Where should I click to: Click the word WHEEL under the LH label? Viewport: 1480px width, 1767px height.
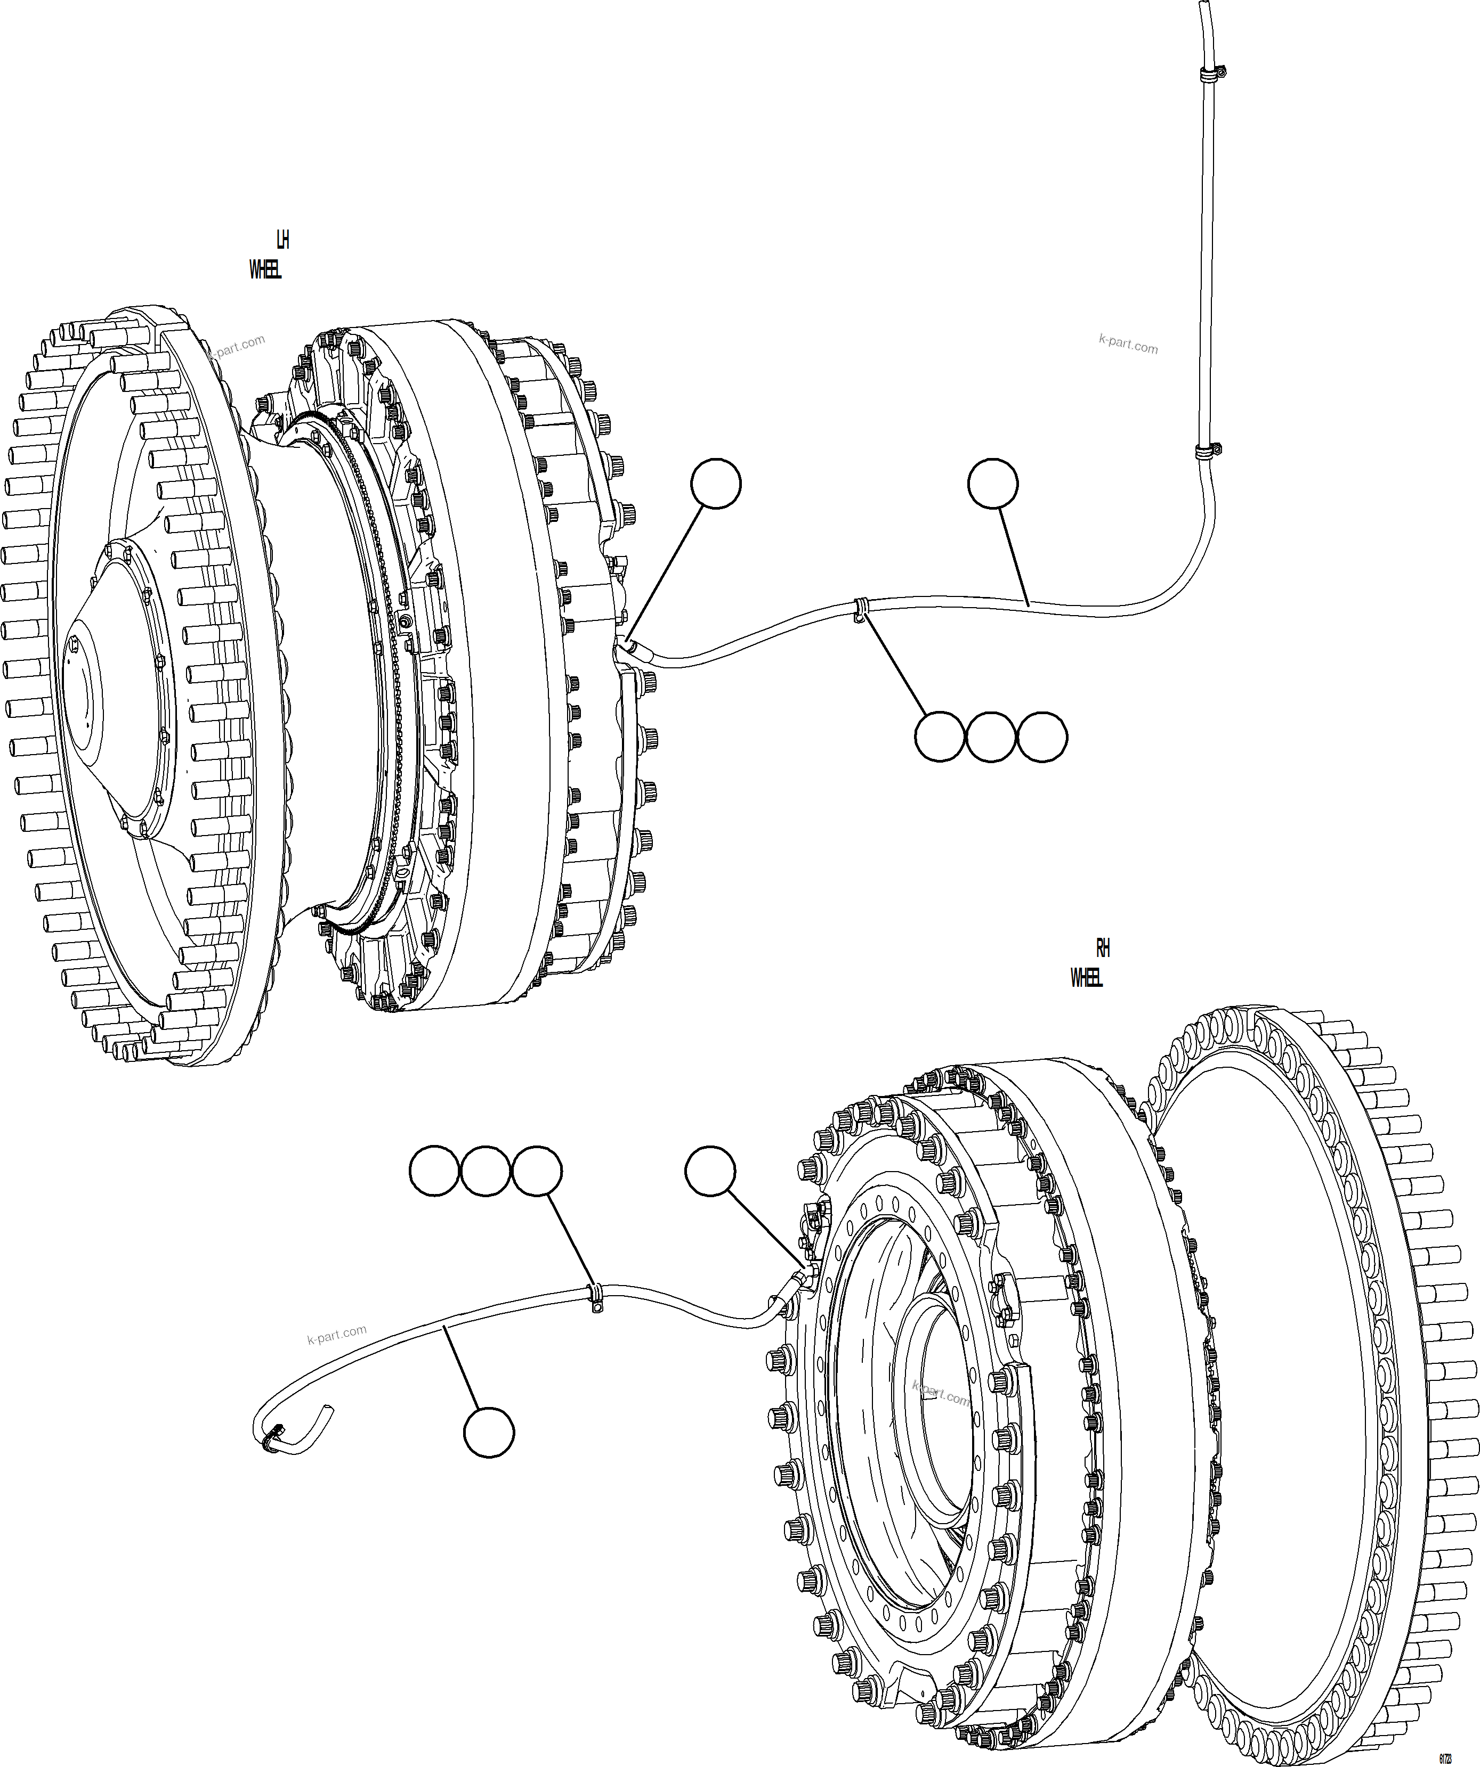[265, 270]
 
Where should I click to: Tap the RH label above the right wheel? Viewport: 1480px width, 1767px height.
[1103, 948]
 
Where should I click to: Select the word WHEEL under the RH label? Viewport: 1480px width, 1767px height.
[1086, 978]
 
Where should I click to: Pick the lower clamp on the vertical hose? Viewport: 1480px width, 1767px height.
[1208, 452]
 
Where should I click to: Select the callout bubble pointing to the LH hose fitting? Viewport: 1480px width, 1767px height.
[716, 484]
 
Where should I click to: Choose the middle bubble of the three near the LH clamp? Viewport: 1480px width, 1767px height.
[991, 737]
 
